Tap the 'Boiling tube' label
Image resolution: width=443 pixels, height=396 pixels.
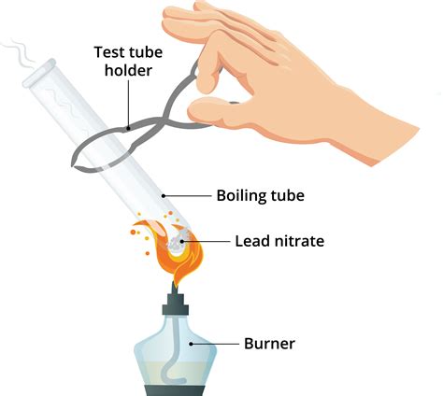[261, 195]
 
